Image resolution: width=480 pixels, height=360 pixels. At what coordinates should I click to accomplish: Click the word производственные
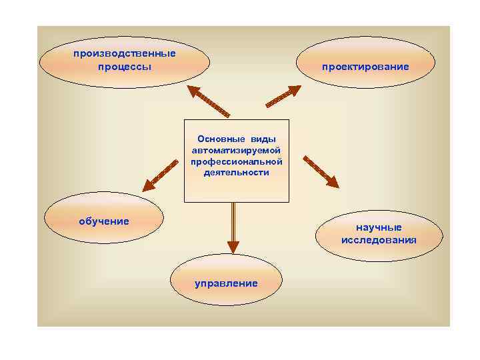pos(125,53)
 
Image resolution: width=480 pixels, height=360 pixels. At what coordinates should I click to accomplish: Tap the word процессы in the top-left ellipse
pos(125,67)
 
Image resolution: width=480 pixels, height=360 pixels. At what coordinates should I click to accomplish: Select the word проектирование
pos(365,67)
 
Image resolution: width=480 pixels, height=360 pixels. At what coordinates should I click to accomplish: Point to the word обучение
pos(104,221)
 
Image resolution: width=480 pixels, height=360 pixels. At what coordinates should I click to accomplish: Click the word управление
pos(226,283)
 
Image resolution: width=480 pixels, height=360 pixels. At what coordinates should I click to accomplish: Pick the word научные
pos(379,227)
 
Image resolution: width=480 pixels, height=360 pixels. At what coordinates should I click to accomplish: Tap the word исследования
pos(379,240)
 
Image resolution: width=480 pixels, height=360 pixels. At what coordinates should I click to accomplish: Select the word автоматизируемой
pos(237,150)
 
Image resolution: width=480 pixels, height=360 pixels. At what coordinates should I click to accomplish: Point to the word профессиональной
pos(237,161)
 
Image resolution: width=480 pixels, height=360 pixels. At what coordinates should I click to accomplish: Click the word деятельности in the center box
pos(237,173)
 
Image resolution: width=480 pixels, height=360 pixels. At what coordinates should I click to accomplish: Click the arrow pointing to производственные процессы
pos(207,101)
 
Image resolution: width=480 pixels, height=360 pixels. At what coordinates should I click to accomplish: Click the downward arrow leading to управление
pos(233,227)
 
